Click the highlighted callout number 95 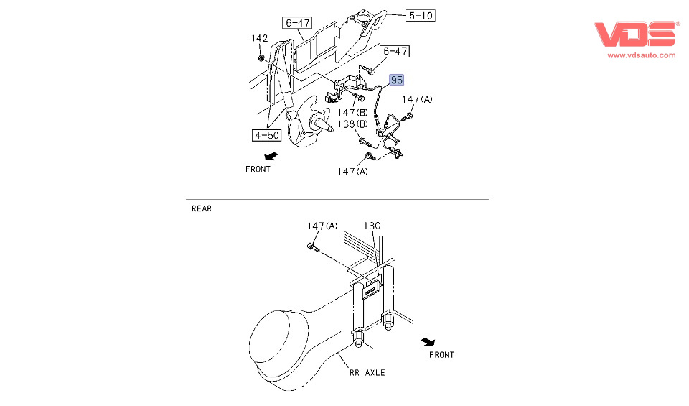(396, 80)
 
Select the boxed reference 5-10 (421, 16)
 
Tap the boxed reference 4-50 (267, 135)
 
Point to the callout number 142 (259, 38)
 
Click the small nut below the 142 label (261, 57)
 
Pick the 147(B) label (352, 113)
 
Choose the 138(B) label (352, 124)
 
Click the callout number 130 (372, 226)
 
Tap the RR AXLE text (367, 372)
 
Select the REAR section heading (202, 208)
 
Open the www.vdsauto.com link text (642, 55)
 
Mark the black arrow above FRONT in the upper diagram (271, 156)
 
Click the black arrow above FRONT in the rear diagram (428, 342)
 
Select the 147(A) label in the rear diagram (322, 226)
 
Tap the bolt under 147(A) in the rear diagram (314, 248)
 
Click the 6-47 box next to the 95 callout (395, 52)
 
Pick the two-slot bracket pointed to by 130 (371, 289)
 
